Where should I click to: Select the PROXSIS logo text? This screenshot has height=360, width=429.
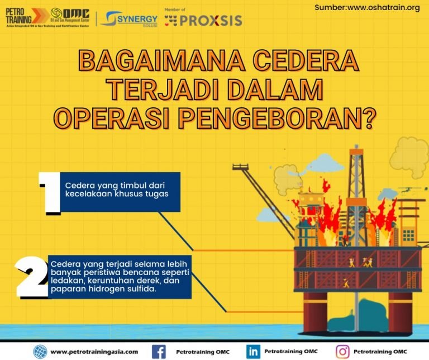211,21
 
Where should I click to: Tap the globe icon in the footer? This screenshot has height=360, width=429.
40,351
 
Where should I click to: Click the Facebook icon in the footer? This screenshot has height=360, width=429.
159,351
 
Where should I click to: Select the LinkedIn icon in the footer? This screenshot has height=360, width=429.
253,351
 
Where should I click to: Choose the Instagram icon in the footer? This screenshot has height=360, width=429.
342,351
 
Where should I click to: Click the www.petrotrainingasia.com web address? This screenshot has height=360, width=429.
94,352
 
